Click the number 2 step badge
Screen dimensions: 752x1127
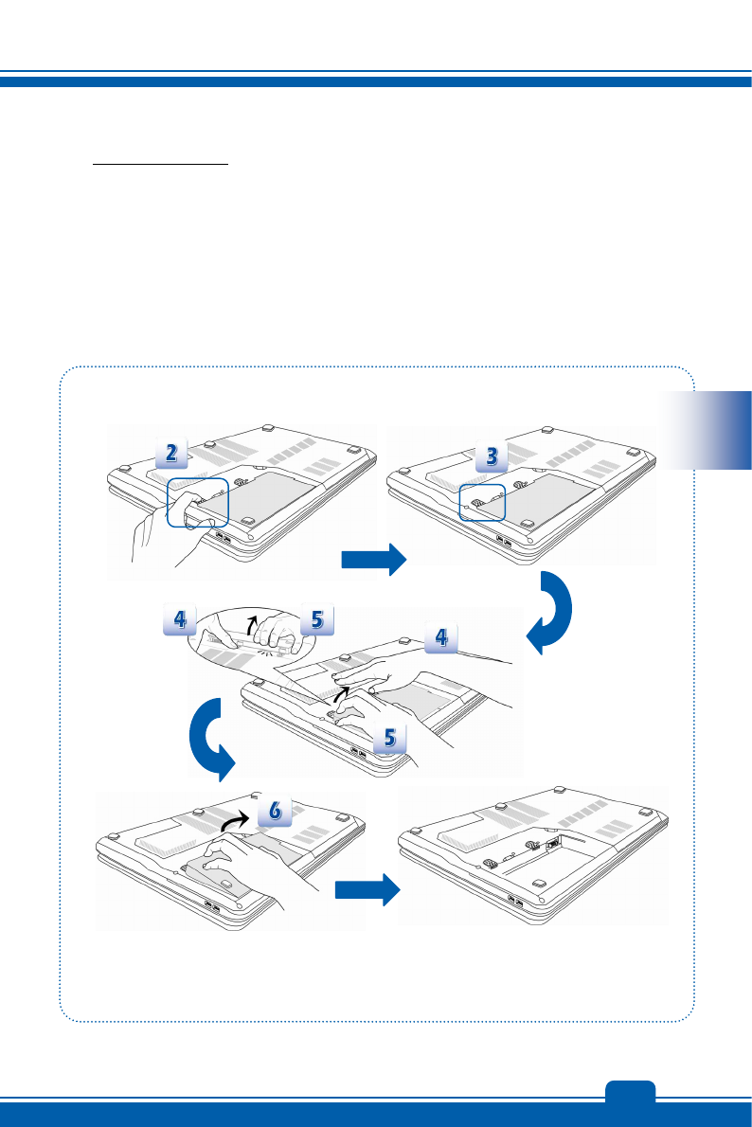click(x=170, y=454)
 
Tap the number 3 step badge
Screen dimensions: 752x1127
click(x=492, y=456)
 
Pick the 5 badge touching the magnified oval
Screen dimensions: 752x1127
click(x=316, y=620)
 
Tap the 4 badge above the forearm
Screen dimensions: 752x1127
click(x=440, y=638)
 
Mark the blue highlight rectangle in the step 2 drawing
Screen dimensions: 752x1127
click(x=198, y=502)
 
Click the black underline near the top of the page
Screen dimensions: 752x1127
click(x=161, y=163)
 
